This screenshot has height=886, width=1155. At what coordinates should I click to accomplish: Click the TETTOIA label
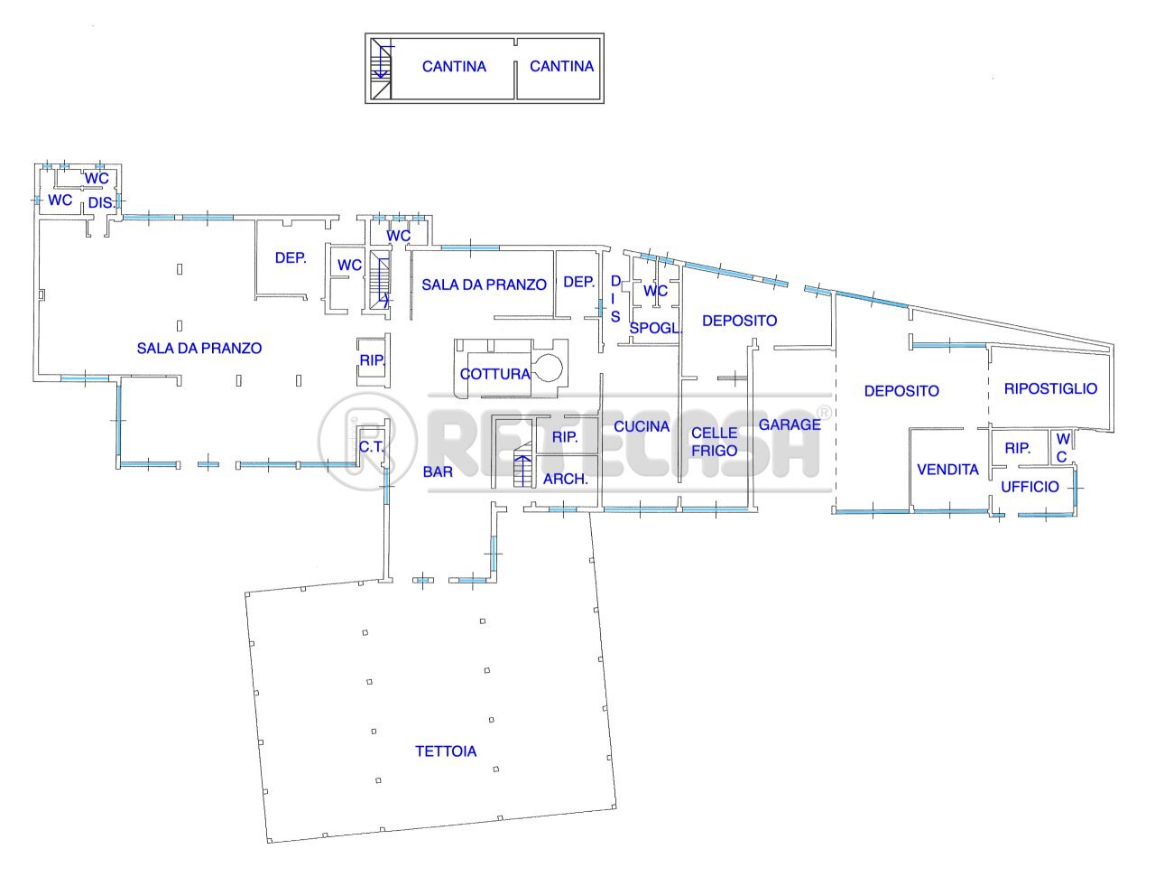pos(446,751)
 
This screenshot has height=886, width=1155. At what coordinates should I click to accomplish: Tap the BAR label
pos(438,471)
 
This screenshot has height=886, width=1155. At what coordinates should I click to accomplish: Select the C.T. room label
pos(371,447)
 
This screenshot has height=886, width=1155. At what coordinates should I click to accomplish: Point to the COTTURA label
pos(494,374)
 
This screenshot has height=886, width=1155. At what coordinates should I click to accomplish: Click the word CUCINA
pos(641,426)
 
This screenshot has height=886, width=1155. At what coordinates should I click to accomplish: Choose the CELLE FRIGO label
pos(714,442)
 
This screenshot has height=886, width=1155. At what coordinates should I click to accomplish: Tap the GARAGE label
pos(790,424)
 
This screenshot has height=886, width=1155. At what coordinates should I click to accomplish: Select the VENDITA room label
pos(947,469)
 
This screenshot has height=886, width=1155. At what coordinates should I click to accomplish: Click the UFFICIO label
pos(1030,486)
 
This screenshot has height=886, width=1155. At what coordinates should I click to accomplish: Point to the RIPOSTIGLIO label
pos(1050,388)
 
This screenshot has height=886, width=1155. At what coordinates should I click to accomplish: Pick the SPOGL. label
pos(655,328)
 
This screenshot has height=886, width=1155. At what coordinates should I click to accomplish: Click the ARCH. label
pos(565,479)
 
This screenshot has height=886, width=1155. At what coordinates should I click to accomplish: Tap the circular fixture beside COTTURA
pos(548,367)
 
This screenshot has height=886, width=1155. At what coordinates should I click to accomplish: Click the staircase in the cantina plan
pos(381,69)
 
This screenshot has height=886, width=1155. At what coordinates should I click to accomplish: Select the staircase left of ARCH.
pos(523,465)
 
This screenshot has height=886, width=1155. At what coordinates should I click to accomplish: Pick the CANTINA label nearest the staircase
pos(454,67)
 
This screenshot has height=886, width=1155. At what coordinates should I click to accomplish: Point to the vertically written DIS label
pos(615,299)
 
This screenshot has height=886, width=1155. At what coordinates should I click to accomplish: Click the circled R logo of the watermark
pos(366,442)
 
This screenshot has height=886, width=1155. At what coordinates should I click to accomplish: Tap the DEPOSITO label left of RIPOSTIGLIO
pos(901,390)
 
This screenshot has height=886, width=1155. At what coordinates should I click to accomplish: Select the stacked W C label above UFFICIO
pos(1063,447)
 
